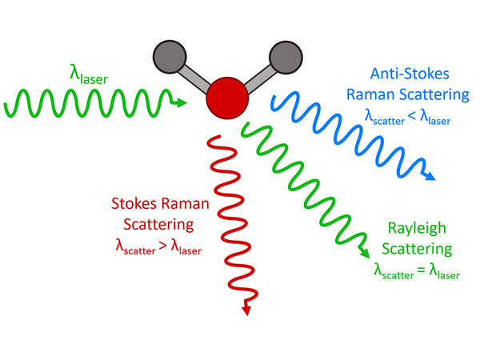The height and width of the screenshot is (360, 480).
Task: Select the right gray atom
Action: tap(286, 58)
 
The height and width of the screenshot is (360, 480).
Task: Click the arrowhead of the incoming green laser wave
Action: tap(182, 102)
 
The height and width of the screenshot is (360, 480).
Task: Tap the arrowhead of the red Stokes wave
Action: tap(246, 310)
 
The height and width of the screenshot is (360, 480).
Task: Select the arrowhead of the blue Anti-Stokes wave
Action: tap(430, 177)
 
